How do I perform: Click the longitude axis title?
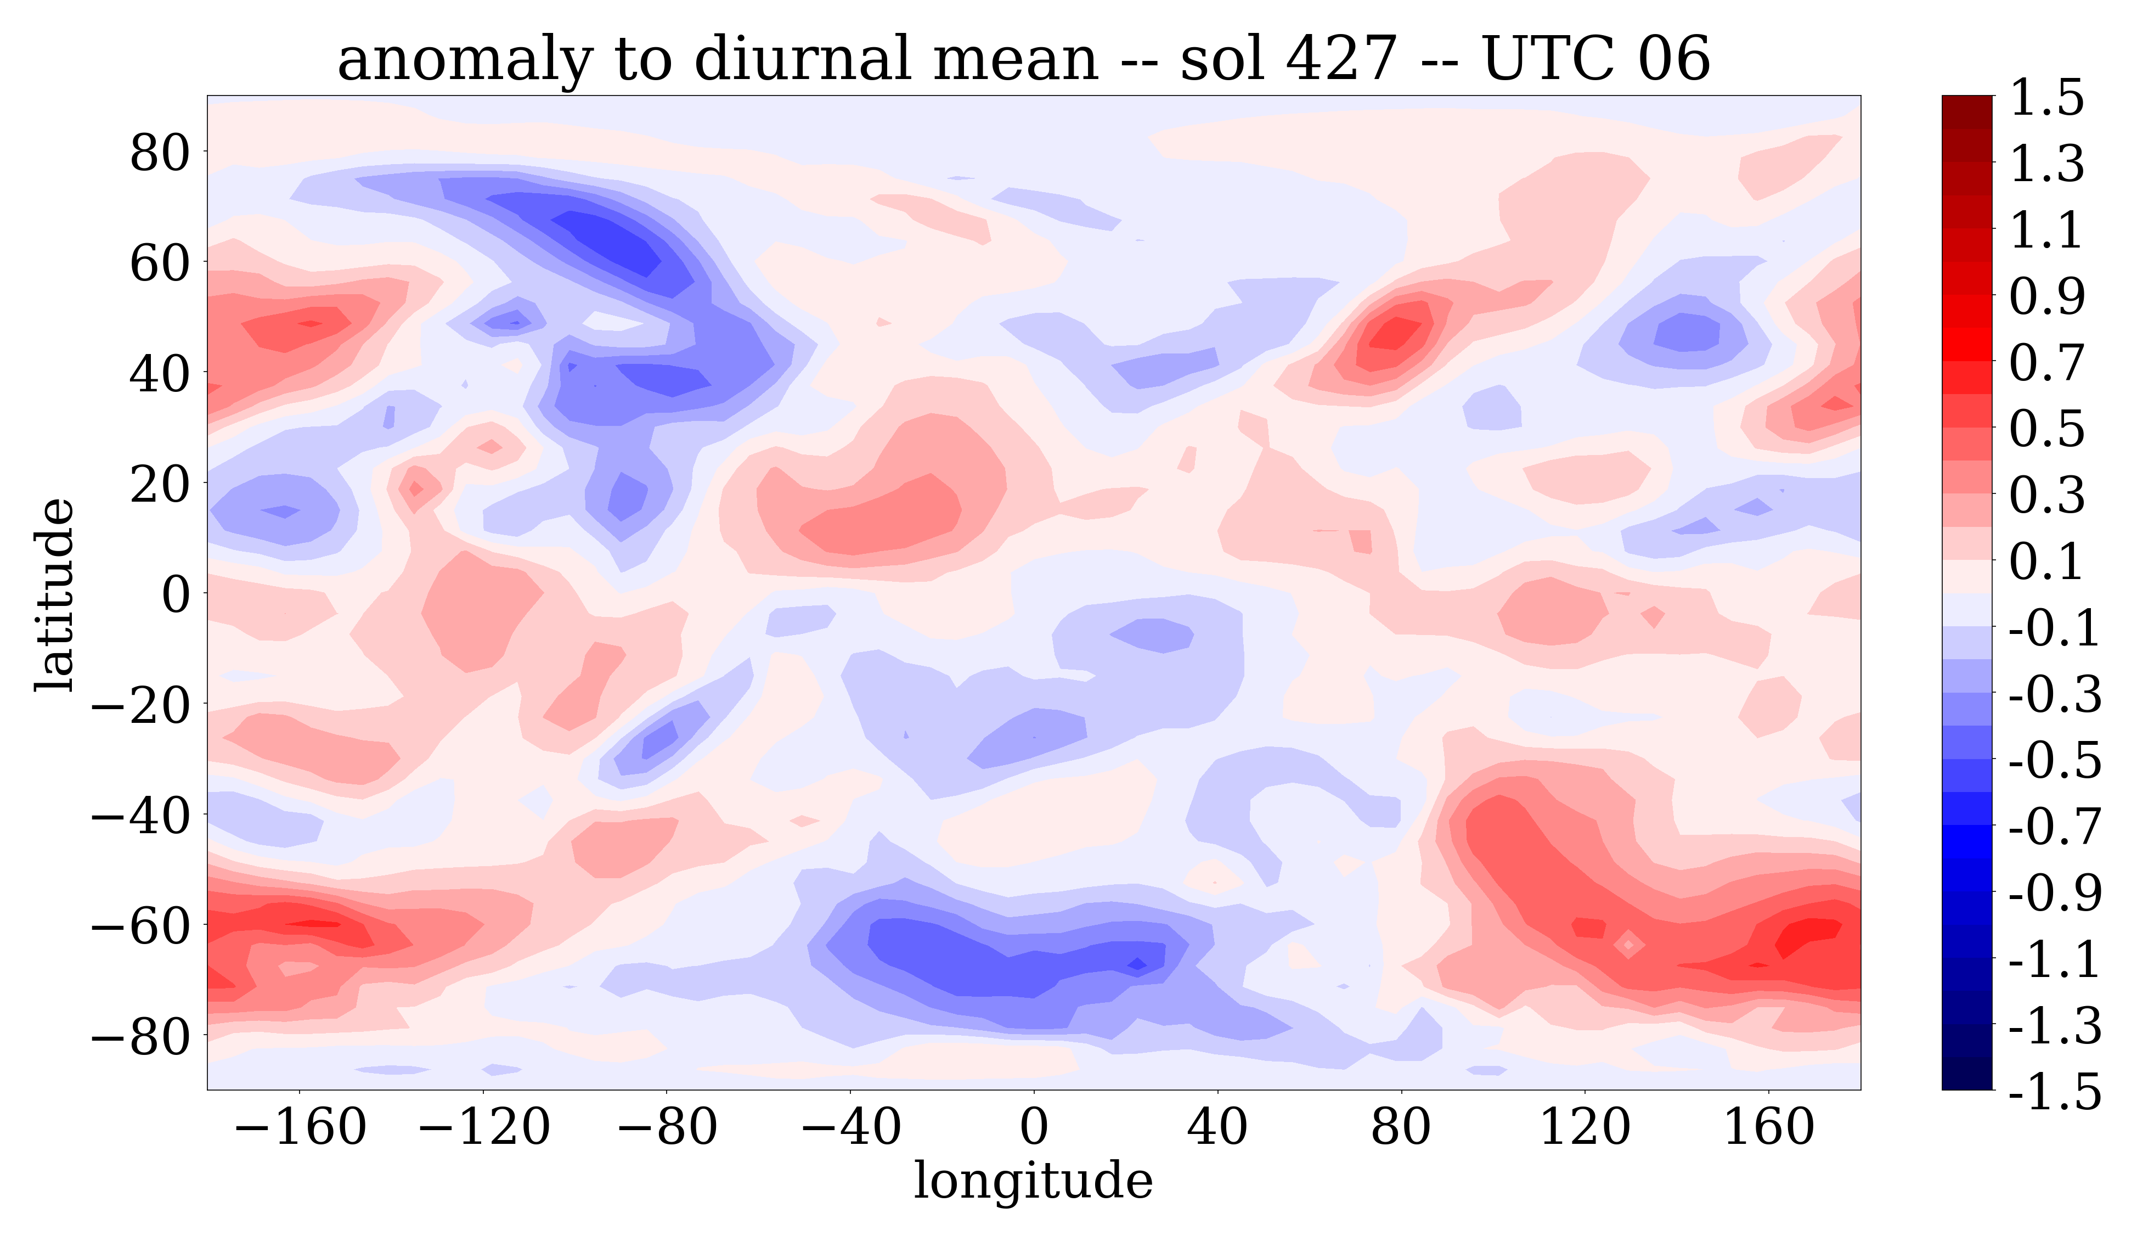(x=1033, y=1180)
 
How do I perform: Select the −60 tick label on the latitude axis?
(x=140, y=925)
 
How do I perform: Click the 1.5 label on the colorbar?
(x=2046, y=98)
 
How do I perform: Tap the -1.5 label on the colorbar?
(x=2055, y=1091)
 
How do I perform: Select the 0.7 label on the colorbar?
(x=2046, y=363)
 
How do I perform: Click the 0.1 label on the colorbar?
(x=2046, y=561)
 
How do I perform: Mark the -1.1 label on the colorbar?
(x=2055, y=958)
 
